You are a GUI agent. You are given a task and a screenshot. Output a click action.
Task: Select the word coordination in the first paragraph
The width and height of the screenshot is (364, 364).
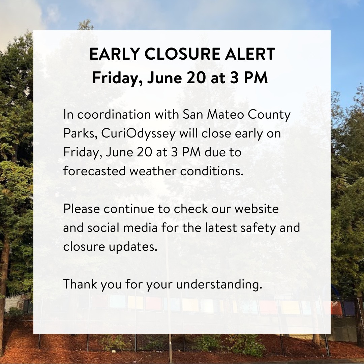(x=114, y=115)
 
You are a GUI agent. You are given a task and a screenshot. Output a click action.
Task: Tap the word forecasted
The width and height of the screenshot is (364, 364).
(x=94, y=171)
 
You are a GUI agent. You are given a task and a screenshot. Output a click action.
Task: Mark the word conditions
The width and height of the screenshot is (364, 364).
(x=212, y=171)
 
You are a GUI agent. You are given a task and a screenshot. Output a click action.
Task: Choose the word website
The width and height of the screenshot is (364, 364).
(x=256, y=209)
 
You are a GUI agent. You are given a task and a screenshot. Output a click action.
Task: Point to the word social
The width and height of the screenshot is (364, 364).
(x=103, y=227)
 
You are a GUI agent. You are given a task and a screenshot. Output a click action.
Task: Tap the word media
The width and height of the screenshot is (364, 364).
(x=140, y=227)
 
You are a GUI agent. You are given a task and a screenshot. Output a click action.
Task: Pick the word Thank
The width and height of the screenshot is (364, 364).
(x=80, y=284)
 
